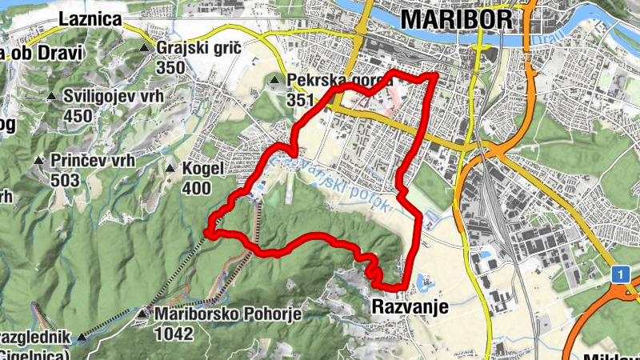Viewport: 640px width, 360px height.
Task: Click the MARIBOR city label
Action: point(455,19)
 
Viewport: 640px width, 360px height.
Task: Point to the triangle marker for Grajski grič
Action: point(145,49)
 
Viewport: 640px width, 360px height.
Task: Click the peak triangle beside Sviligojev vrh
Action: point(52,98)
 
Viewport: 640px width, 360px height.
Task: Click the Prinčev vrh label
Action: point(93,160)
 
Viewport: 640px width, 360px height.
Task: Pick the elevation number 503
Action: point(65,180)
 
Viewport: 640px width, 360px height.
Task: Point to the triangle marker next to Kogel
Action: point(170,169)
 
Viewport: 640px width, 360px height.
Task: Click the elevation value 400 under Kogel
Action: point(196,188)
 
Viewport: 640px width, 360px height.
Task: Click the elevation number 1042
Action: point(175,333)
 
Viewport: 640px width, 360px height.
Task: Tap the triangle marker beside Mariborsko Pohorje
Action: point(143,314)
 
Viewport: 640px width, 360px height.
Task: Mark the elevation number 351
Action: point(301,100)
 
